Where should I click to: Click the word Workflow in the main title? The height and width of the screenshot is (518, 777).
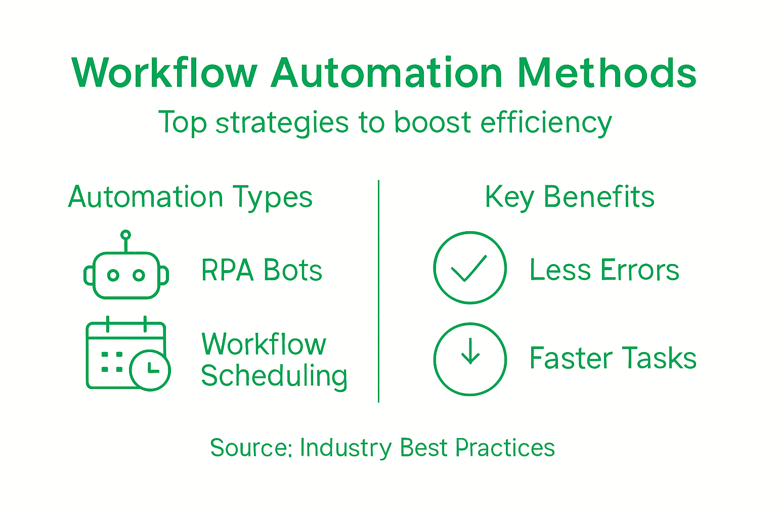click(x=164, y=73)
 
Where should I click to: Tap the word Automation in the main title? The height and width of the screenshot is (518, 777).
click(x=387, y=73)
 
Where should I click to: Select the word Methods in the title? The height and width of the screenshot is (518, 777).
click(x=607, y=73)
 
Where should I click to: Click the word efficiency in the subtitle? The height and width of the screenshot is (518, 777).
click(x=546, y=123)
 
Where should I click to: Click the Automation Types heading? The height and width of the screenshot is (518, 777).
click(x=190, y=197)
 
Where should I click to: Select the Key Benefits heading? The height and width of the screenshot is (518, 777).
click(x=570, y=197)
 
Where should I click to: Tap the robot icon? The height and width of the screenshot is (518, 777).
click(x=126, y=273)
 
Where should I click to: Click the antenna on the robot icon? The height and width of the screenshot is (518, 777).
click(x=125, y=236)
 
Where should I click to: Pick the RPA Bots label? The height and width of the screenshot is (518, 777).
click(x=262, y=270)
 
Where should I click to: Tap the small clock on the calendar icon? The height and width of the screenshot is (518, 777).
click(x=150, y=370)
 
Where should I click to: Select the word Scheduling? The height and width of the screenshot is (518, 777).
click(x=274, y=376)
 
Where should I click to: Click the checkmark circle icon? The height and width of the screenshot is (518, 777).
click(x=470, y=268)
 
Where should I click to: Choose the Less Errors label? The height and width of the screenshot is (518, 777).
click(x=604, y=270)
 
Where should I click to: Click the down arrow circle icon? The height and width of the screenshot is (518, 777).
click(x=470, y=359)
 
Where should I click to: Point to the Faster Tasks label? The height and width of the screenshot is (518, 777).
click(x=613, y=358)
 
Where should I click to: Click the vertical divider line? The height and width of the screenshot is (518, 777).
click(x=378, y=291)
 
